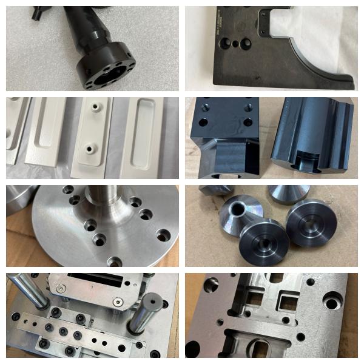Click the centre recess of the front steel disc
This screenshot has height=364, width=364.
click(263, 246)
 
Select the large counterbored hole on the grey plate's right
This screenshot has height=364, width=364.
click(334, 299)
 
